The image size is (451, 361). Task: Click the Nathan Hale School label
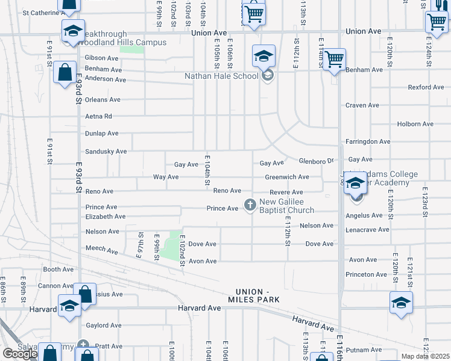221,76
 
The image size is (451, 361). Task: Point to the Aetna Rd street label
99,116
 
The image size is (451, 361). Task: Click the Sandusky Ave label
106,152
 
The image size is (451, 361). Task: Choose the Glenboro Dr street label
317,161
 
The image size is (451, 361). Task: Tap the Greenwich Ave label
287,177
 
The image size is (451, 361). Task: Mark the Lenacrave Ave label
367,230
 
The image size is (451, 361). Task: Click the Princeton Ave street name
367,274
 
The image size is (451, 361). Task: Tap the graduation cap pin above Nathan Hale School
263,57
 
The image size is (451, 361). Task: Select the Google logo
19,354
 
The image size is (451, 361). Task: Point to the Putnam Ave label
364,350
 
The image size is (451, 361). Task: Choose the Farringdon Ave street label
368,141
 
